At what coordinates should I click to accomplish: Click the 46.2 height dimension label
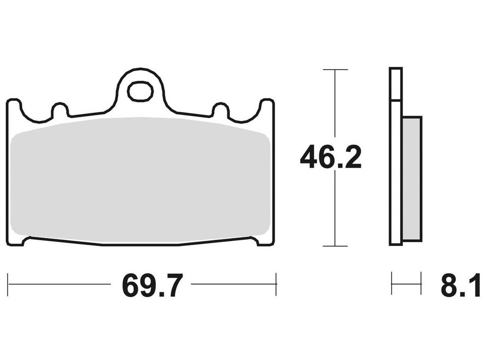point(331,158)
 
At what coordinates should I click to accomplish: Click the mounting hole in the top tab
point(141,91)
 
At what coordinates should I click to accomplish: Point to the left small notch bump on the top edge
point(60,109)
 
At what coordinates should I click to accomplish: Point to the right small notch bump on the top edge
point(220,109)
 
